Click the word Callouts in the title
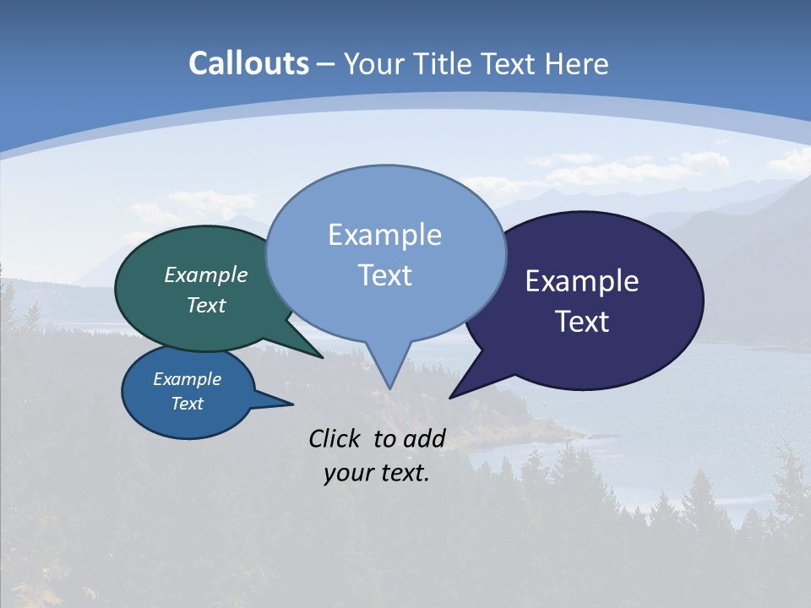click(248, 64)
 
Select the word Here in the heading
click(577, 64)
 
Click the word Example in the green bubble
click(206, 275)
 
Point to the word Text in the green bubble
click(206, 306)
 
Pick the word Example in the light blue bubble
click(384, 235)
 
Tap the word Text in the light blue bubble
click(384, 275)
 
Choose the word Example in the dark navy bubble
click(582, 281)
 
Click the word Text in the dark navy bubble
click(582, 322)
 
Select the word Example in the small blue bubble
click(188, 380)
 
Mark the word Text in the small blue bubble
click(188, 404)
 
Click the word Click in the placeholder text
click(336, 438)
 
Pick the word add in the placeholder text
click(424, 438)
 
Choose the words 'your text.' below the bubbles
click(377, 473)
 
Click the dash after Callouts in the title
click(326, 64)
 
